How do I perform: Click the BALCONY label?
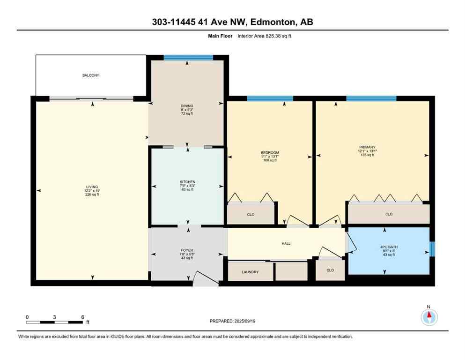coord(91,75)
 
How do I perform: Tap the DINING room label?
coord(187,106)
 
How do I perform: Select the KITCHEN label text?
coord(187,182)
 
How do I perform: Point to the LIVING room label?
coord(92,187)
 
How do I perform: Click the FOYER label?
coord(187,250)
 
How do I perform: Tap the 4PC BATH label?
coord(385,247)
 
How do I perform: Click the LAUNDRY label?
coord(250,272)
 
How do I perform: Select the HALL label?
coord(286,243)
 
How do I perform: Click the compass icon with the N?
coord(428,317)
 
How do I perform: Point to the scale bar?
coord(54,322)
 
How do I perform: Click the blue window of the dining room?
coord(188,58)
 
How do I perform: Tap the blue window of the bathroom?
coord(432,248)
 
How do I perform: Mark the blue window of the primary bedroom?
coord(371,98)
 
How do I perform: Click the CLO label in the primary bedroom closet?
coord(389,214)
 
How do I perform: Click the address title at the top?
coord(232,22)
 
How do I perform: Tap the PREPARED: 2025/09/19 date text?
coord(233,321)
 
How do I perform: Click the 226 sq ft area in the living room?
coord(92,195)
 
